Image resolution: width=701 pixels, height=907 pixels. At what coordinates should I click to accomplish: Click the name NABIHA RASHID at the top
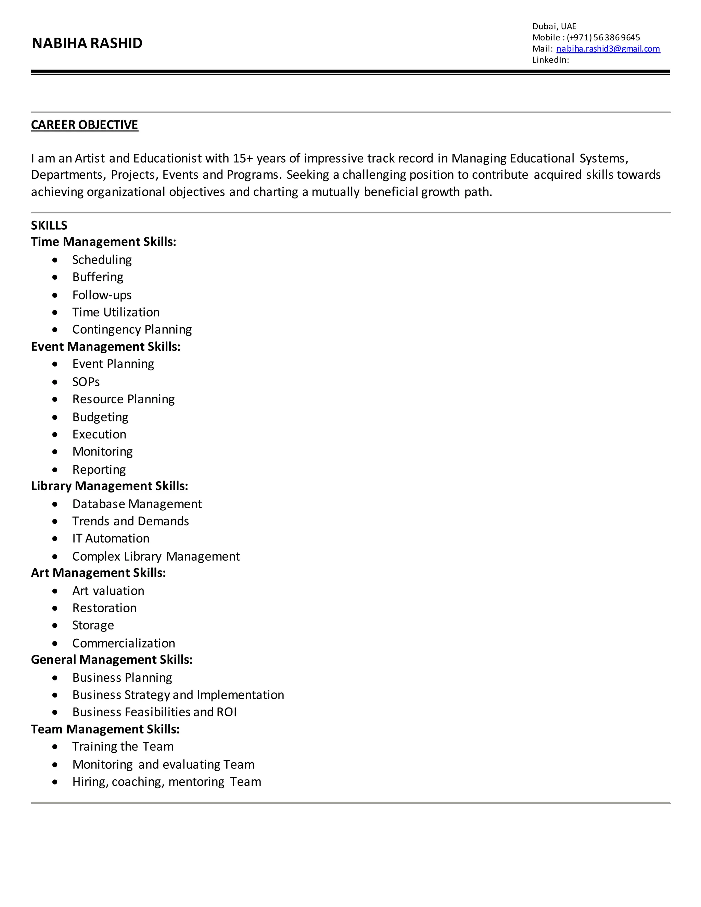coord(87,43)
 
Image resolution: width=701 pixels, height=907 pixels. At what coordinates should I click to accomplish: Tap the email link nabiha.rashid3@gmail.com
coord(608,49)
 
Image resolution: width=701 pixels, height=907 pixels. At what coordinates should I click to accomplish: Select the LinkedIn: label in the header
coord(550,60)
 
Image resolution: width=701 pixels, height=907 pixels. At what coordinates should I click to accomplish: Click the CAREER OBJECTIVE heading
coord(84,125)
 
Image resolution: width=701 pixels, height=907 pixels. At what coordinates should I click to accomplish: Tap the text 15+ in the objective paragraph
coord(243,158)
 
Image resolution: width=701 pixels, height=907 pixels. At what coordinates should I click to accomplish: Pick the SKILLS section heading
coord(49,225)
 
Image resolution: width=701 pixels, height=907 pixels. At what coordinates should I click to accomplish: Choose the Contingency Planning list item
coord(132,329)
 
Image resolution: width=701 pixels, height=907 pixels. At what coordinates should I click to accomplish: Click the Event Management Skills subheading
coord(105,346)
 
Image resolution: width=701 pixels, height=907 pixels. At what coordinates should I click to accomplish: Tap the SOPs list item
coord(86,382)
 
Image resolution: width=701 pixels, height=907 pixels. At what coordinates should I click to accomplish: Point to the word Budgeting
coord(100,417)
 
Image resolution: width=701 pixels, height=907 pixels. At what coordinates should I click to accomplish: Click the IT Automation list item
coord(111,538)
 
